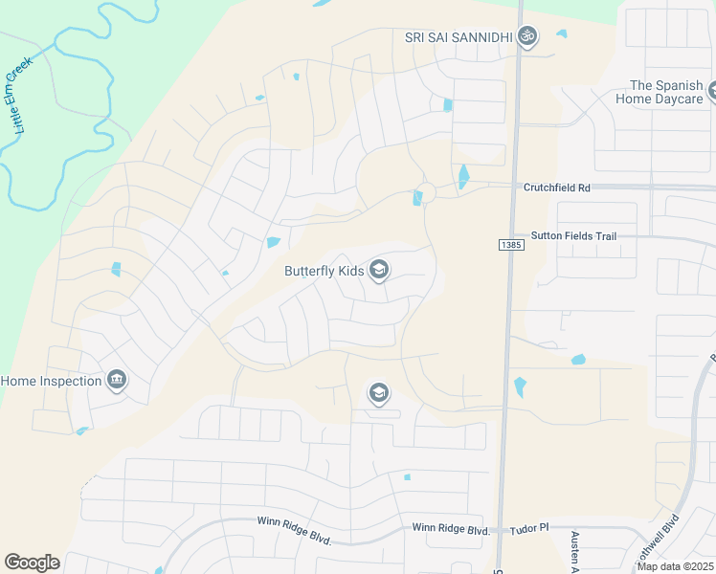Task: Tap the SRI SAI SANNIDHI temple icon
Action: [x=526, y=36]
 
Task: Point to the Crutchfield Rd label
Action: [x=556, y=188]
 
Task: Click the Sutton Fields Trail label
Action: [x=574, y=235]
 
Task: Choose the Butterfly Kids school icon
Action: [x=378, y=271]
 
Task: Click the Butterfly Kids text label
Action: [x=324, y=271]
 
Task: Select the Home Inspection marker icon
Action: [x=116, y=381]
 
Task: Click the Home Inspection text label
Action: [x=51, y=381]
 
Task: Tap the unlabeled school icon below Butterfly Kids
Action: [x=378, y=392]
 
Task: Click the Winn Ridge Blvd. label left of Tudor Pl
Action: [x=451, y=528]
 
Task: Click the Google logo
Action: [x=32, y=562]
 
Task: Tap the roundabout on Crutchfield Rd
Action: [x=426, y=192]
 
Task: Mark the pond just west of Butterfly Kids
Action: [x=273, y=243]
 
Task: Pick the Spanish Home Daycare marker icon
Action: [x=714, y=93]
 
